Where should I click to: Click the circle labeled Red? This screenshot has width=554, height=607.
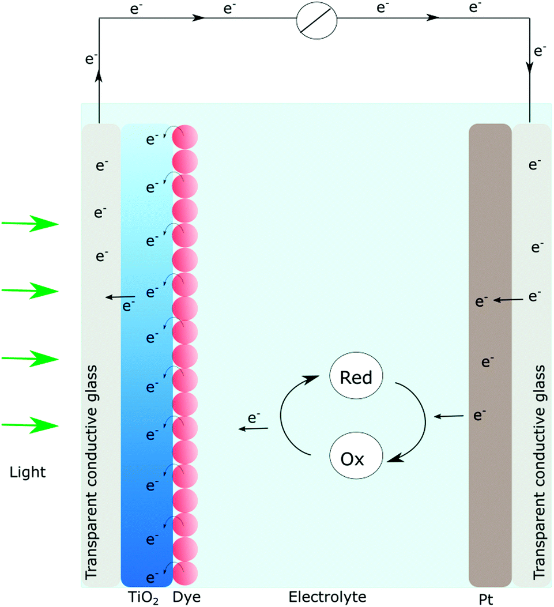click(x=356, y=378)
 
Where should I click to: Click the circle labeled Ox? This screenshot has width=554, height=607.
click(x=355, y=459)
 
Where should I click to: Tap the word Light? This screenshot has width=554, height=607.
click(x=28, y=473)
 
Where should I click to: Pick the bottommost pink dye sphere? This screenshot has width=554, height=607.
click(x=186, y=575)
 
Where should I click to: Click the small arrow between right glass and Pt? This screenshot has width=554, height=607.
click(x=510, y=299)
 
